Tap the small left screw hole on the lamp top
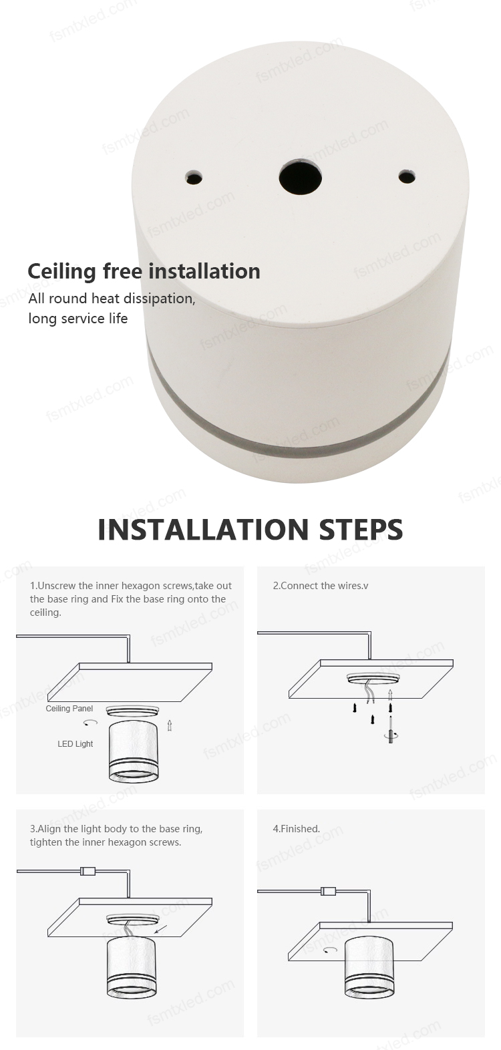[x=194, y=177]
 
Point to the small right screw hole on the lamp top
[x=406, y=177]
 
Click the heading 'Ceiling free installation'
[x=144, y=271]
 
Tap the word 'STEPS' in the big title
[x=361, y=529]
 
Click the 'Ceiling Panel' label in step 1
[x=69, y=708]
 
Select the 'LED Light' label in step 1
[x=75, y=743]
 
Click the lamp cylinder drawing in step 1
[x=133, y=752]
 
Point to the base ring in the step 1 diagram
[x=133, y=711]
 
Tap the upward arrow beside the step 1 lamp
[x=170, y=725]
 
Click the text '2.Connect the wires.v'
[x=321, y=586]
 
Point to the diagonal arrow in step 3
[x=160, y=930]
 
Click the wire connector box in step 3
[x=88, y=872]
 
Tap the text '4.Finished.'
[x=296, y=829]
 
